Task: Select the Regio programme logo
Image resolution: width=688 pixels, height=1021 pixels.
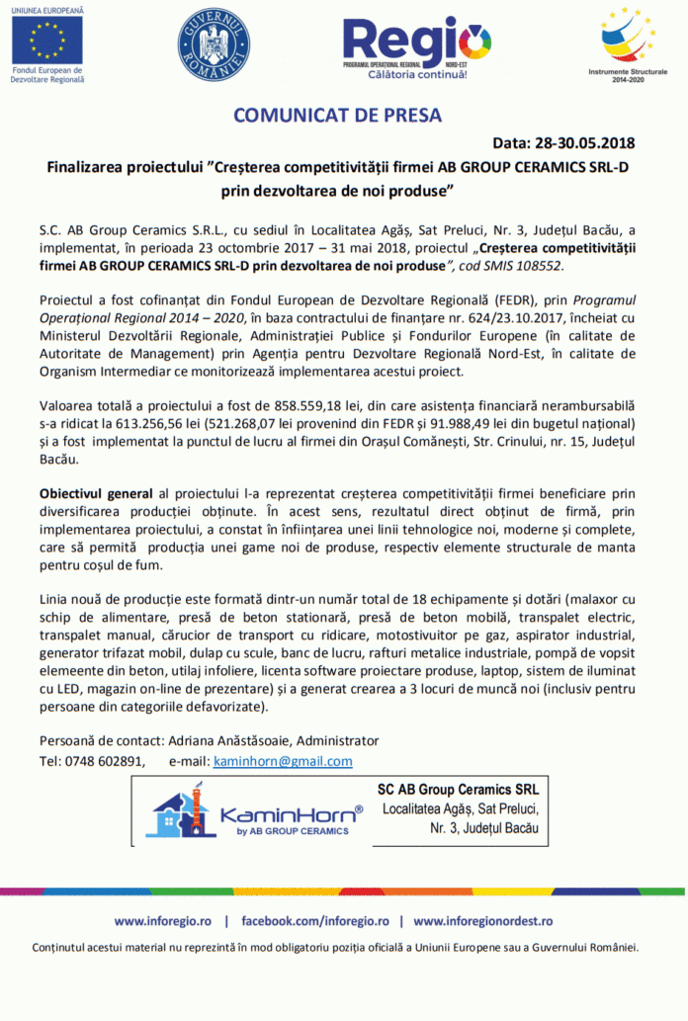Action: pos(416,44)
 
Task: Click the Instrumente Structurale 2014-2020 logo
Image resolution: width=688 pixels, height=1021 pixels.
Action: pos(629,39)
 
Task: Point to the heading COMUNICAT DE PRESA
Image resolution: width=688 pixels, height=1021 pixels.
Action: pos(337,116)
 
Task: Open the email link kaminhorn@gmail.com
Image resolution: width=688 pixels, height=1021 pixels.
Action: pos(283,761)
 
